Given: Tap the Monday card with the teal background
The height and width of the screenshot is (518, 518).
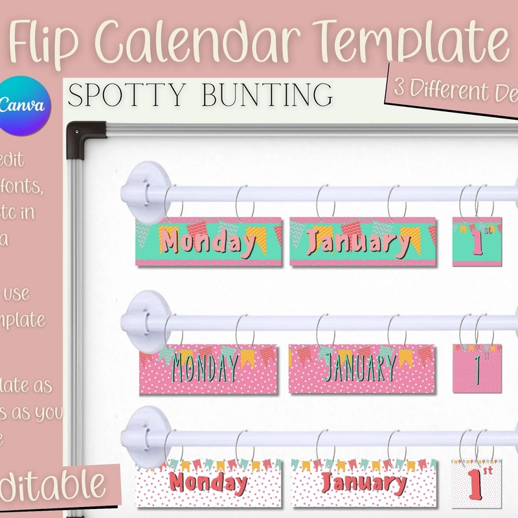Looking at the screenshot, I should click(208, 242).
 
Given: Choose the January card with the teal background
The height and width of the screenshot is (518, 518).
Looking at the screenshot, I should click(363, 242).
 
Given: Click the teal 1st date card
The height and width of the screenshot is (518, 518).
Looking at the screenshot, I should click(478, 242).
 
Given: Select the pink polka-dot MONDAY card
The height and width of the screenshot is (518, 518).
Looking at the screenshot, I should click(208, 368).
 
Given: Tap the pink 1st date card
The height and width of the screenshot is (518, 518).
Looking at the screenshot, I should click(478, 368).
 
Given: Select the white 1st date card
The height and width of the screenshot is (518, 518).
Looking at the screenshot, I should click(477, 484).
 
